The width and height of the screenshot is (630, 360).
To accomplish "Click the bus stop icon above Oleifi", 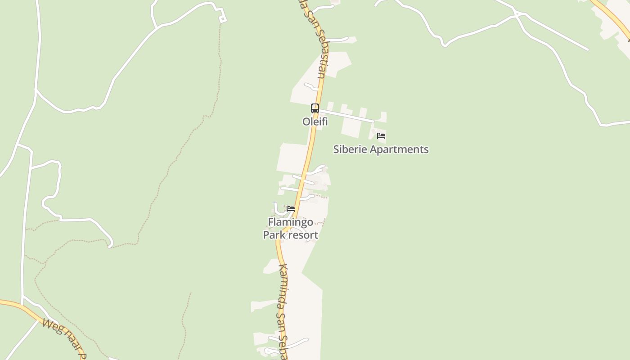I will [315, 108].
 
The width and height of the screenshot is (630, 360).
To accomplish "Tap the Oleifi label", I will [315, 121].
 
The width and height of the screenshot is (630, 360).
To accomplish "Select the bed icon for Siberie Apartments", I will [381, 136].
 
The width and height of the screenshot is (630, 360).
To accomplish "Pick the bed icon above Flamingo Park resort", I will [291, 209].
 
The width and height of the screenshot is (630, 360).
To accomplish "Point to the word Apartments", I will [399, 149].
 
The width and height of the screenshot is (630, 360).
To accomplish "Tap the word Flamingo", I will [290, 222].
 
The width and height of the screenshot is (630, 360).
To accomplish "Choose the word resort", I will [305, 235].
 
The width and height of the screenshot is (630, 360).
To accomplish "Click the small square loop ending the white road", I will [222, 18].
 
